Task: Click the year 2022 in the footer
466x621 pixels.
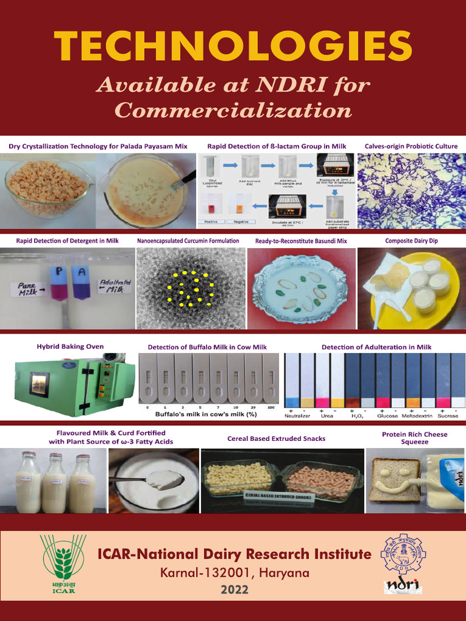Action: [x=234, y=589]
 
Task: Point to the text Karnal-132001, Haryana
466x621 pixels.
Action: [x=234, y=572]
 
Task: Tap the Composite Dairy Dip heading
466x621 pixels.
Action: [x=411, y=241]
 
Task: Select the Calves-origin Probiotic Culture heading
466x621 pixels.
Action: [x=411, y=146]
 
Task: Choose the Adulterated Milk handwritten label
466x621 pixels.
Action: [x=113, y=286]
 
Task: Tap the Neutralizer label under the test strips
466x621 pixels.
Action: [x=297, y=416]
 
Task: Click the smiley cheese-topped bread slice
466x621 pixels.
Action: [x=394, y=479]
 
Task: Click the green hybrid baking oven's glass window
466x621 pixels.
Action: [x=39, y=384]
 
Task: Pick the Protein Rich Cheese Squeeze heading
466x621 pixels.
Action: [x=414, y=438]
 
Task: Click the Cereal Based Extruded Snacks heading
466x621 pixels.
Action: [x=276, y=438]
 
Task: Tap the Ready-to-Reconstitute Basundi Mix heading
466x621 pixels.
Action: [x=301, y=241]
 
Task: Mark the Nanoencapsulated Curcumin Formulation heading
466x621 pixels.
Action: [x=188, y=241]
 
